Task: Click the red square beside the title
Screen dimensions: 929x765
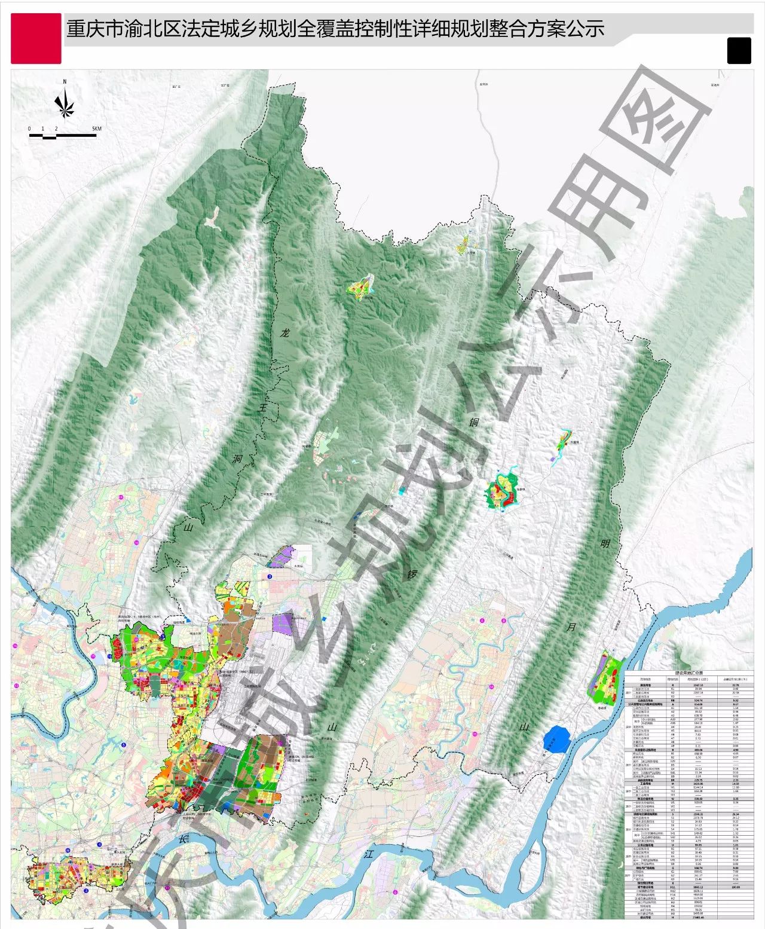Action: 36,38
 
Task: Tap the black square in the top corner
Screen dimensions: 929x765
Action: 739,50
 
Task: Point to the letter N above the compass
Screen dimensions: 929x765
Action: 64,82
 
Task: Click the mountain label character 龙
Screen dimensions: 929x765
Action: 285,332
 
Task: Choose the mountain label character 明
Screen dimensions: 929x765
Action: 604,544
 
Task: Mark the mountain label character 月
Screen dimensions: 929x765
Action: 572,627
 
